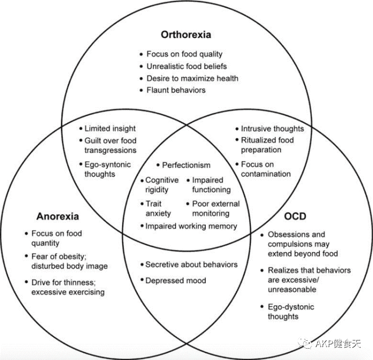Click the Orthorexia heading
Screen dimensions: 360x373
186,35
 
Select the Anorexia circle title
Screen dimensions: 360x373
58,216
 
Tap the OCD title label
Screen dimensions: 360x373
296,215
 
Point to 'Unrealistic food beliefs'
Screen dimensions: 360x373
187,66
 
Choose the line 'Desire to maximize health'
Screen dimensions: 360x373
192,78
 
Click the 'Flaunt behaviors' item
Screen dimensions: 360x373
176,90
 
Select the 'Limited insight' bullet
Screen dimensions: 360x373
110,128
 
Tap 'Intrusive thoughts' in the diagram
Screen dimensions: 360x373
272,128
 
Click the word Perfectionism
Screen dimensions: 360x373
186,165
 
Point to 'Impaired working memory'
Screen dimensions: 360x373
191,226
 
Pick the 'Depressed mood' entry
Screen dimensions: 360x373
176,280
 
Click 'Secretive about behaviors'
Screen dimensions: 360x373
191,264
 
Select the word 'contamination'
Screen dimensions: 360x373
266,174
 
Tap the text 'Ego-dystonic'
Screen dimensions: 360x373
291,307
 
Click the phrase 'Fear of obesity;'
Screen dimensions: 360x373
60,256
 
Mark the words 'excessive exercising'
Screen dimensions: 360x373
68,292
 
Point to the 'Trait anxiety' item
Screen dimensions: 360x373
158,208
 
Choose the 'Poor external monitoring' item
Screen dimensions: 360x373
216,208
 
